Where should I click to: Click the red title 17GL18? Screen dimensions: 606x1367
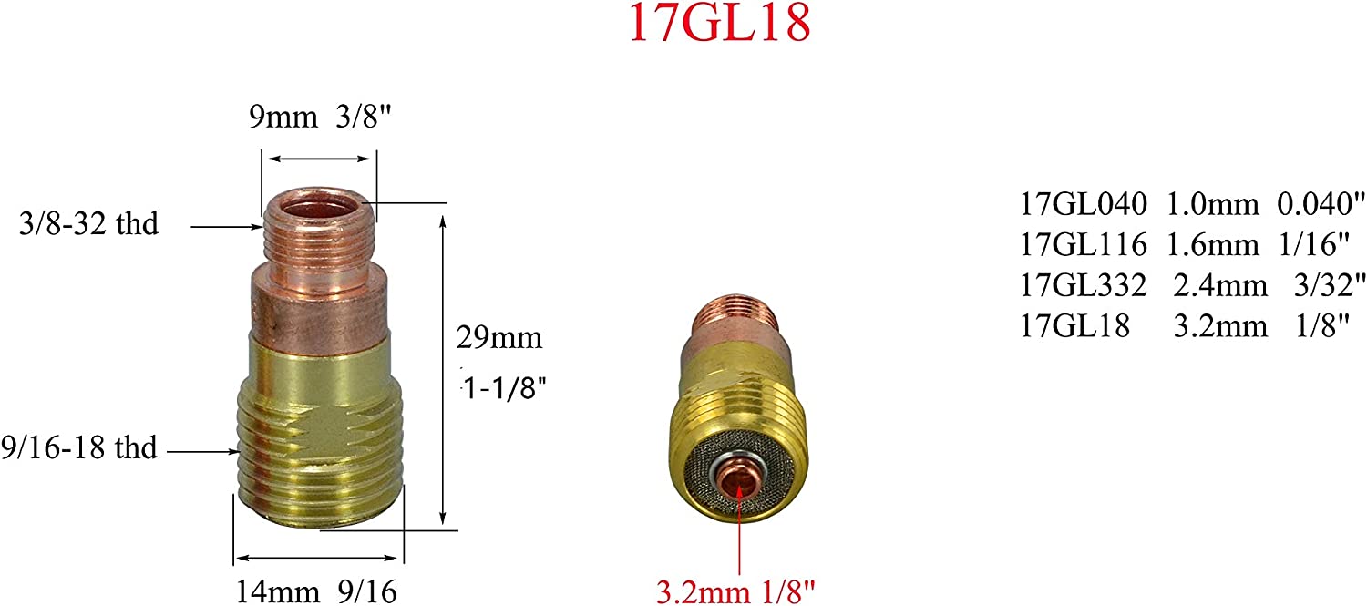point(718,26)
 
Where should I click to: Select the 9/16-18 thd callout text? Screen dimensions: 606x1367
point(79,448)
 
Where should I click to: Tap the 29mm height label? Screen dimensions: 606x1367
point(499,339)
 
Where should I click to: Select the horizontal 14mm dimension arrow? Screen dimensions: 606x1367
point(318,557)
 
